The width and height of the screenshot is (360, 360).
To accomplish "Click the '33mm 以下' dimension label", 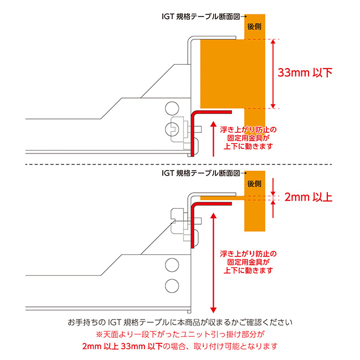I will (305, 73).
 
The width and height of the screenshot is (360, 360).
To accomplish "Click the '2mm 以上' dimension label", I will (308, 197).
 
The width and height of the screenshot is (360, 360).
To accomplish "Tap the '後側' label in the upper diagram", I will (254, 27).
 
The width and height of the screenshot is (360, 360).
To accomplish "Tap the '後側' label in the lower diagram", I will (254, 183).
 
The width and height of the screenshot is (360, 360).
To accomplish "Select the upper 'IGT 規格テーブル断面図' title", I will (200, 17).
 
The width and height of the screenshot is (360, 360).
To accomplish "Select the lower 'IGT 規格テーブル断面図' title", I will (200, 173).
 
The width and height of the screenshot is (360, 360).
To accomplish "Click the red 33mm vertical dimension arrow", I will (272, 73).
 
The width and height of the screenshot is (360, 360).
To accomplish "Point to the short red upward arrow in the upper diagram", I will (213, 138).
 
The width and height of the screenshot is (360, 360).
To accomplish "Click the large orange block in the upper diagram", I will (222, 72).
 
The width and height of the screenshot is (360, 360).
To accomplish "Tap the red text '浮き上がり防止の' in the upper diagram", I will (248, 130).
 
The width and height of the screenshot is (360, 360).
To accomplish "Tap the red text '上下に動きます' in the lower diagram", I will (248, 270).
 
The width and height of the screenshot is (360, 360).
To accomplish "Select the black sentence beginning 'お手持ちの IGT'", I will (179, 322).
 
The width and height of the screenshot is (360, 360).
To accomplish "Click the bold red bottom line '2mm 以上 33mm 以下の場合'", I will (179, 347).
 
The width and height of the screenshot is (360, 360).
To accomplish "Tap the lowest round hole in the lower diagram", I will (171, 286).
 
